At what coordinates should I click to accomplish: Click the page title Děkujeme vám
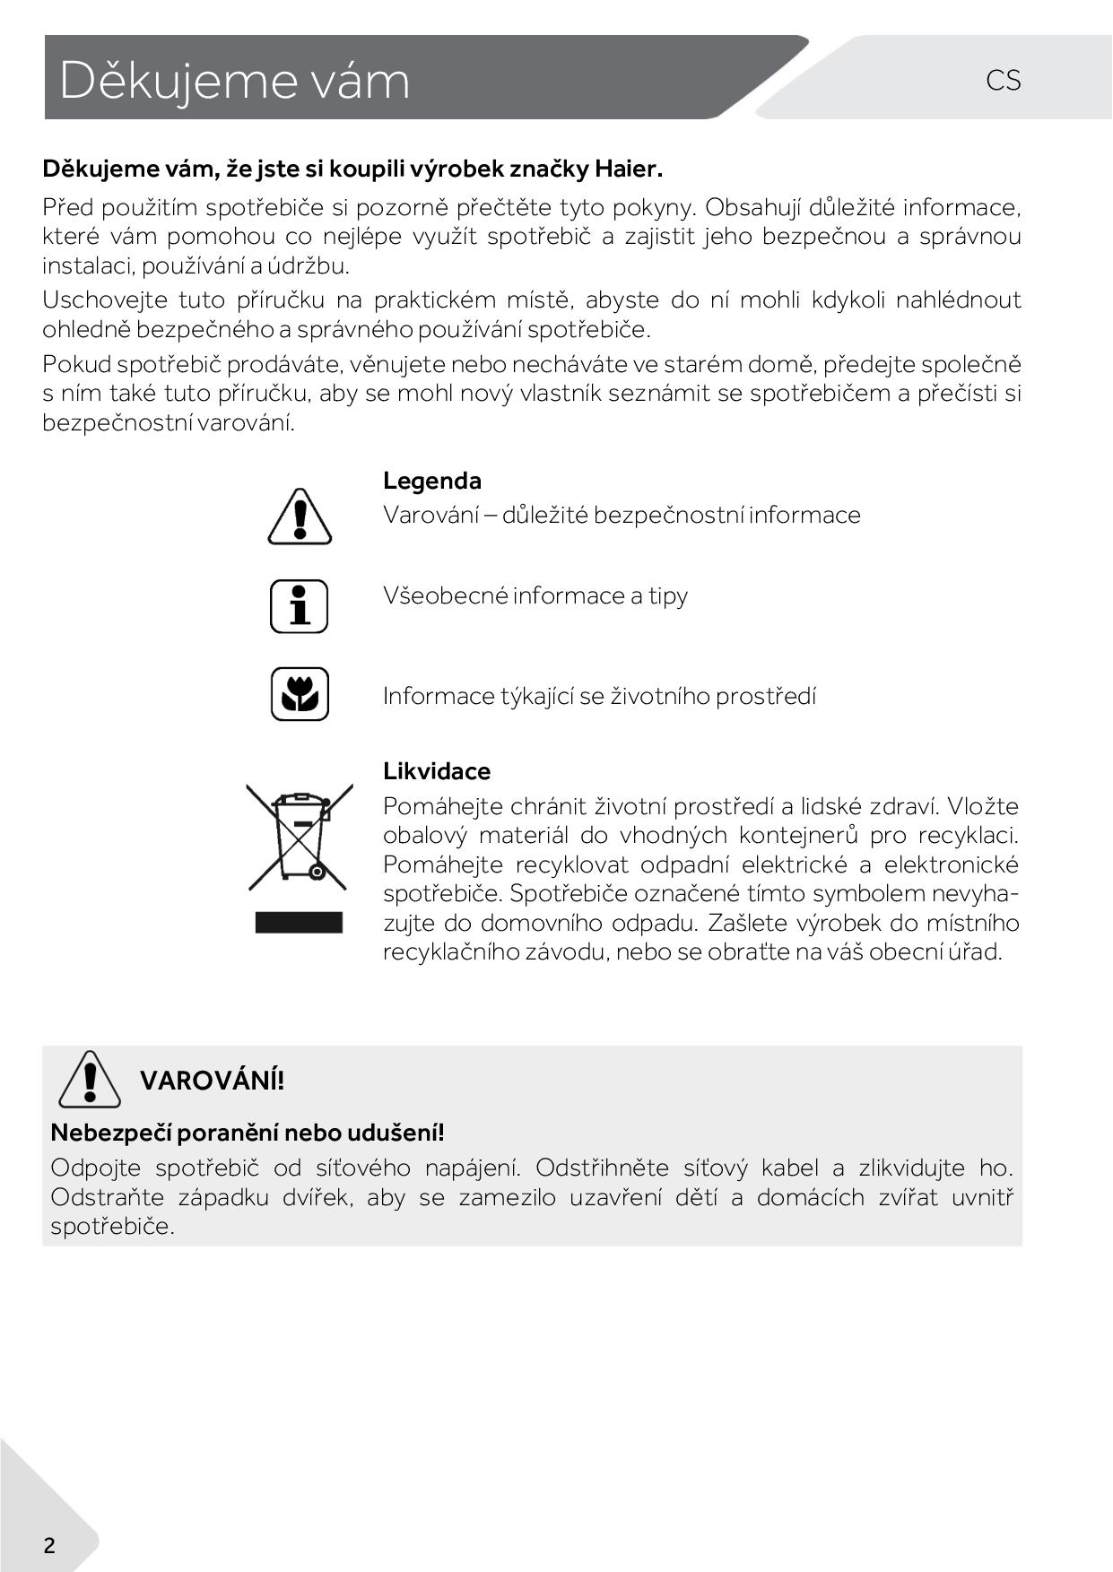coord(234,81)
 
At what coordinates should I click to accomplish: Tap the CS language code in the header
coord(1003,81)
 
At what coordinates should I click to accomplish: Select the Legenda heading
coord(431,481)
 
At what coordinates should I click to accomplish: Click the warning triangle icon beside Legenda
coord(300,517)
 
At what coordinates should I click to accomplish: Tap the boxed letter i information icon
coord(300,606)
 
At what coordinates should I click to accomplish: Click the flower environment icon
coord(300,694)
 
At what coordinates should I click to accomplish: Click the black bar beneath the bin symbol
coord(299,923)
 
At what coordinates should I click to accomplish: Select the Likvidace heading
coord(437,771)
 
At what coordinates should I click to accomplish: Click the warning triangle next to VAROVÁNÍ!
coord(89,1080)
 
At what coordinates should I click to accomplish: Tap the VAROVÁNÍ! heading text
coord(212,1081)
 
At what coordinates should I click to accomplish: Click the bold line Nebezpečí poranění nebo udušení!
coord(248,1133)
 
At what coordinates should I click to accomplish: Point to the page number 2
coord(49,1545)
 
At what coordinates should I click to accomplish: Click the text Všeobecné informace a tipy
coord(535,595)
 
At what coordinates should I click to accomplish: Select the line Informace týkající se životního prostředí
coord(599,696)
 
